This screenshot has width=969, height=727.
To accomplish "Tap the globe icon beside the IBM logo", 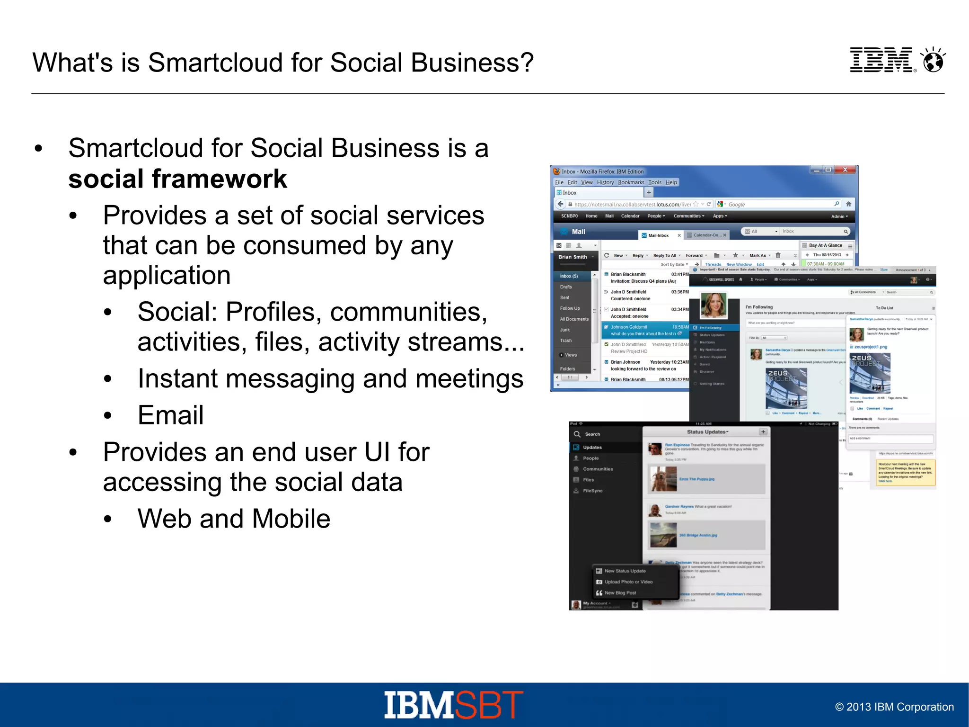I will click(x=934, y=61).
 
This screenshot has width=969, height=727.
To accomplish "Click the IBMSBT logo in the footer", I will click(x=453, y=705).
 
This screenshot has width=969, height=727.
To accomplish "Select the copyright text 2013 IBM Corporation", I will click(x=894, y=707).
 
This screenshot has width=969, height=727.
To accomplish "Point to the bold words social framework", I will click(x=177, y=179).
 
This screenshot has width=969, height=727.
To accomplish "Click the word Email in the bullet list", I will click(x=170, y=415).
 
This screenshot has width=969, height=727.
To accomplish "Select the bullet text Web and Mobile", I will click(x=234, y=518).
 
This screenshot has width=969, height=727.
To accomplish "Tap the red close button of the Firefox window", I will click(x=845, y=170).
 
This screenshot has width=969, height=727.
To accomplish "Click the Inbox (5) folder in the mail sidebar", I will click(x=569, y=276).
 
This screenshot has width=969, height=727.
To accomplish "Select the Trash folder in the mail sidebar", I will click(x=566, y=341).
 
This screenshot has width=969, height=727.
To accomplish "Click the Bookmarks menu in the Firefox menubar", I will click(x=631, y=182).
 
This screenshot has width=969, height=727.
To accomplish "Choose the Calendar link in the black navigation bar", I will click(x=630, y=216).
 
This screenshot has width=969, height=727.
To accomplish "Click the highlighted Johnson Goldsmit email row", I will click(x=646, y=330).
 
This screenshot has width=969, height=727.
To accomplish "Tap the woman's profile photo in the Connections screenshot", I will click(x=713, y=305).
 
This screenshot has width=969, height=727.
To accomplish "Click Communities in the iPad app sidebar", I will click(x=598, y=469).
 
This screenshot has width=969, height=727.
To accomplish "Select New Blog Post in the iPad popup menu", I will click(x=620, y=592).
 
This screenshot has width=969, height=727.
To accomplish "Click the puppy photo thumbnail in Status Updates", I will click(x=663, y=479).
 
